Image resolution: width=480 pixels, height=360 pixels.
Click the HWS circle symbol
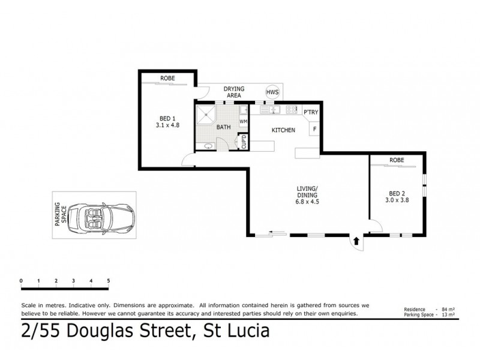coord(273,92)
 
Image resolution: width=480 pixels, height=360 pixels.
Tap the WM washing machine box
coord(243,122)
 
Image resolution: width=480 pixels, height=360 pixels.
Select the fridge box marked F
coord(314,128)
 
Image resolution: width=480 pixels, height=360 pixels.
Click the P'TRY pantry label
coord(310,112)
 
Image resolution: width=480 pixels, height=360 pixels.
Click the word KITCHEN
coord(283,130)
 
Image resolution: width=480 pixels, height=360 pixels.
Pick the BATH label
coord(223,127)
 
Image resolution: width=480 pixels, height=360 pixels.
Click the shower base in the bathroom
coord(208,112)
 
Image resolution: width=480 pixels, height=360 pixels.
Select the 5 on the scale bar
coord(109,280)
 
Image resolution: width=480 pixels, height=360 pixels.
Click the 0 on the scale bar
coord(21,280)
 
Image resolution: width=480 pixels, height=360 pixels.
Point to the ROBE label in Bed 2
coord(396,160)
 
